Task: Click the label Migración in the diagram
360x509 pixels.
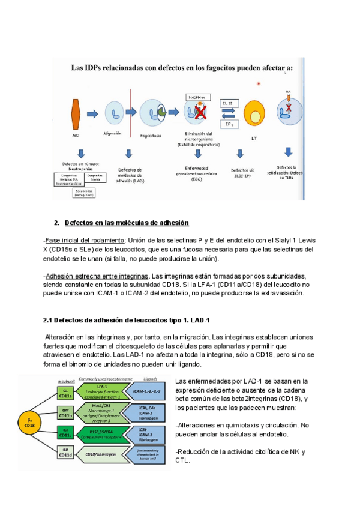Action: click(113, 133)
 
